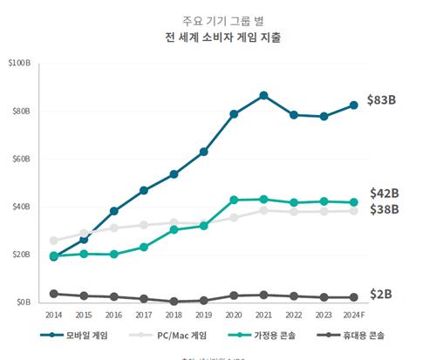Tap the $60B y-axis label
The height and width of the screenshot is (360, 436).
pos(20,160)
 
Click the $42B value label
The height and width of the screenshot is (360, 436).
pos(384,194)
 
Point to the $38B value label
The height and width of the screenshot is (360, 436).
pos(384,209)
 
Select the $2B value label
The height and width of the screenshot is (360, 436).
pos(380,295)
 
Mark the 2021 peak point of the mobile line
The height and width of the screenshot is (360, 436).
pos(263,95)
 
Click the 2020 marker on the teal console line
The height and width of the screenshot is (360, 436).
pos(234,200)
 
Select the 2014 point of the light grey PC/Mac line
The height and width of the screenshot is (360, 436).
pos(54,241)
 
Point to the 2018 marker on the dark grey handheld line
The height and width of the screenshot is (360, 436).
pos(174,302)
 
